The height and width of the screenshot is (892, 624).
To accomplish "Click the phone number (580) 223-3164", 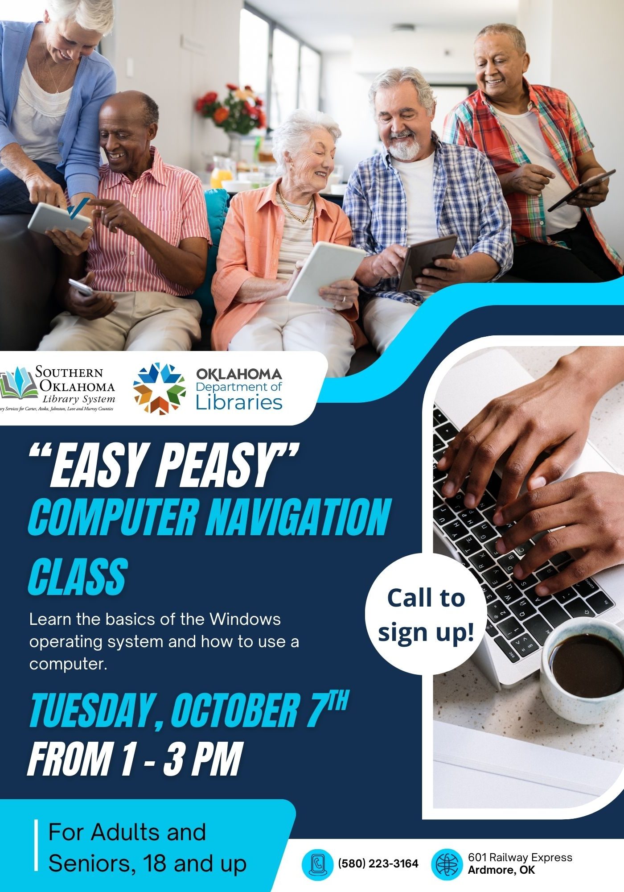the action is tap(378, 863).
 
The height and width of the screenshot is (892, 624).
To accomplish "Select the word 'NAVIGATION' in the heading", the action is tap(296, 518).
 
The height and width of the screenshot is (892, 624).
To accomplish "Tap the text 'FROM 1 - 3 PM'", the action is tap(135, 760).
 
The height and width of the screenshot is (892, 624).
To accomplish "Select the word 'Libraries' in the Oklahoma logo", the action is tap(239, 402).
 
